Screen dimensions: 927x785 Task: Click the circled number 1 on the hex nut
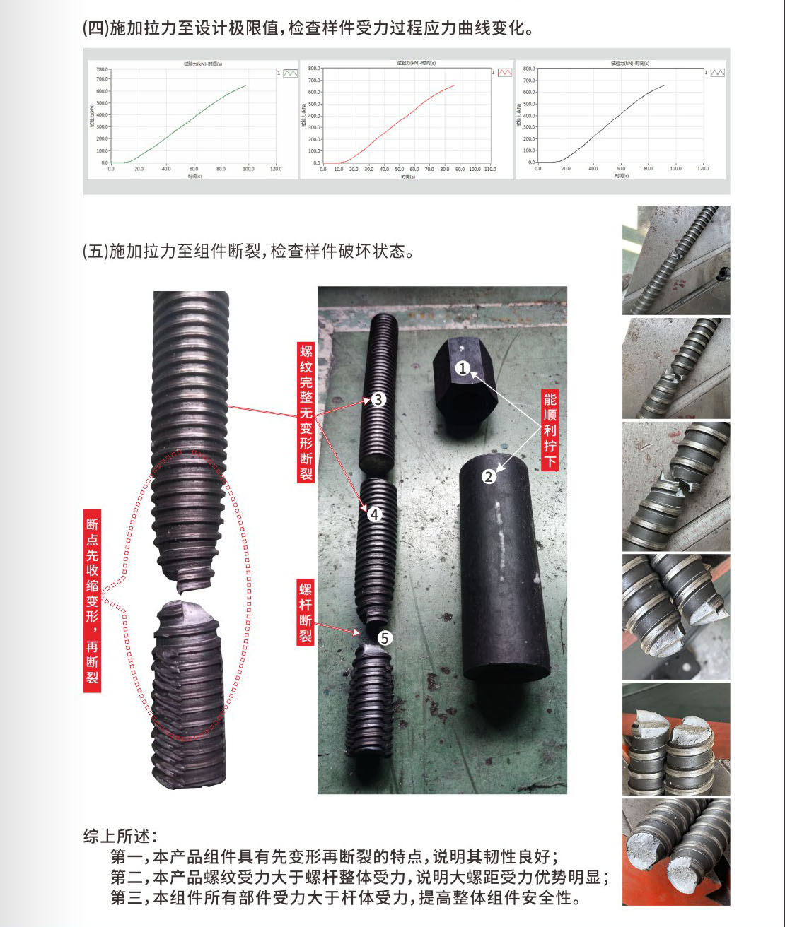[463, 368]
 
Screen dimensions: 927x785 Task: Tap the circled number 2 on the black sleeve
[489, 476]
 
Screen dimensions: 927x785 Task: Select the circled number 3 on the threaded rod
[378, 399]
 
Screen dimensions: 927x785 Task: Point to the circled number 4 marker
[375, 514]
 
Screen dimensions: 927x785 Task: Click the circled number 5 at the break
[384, 638]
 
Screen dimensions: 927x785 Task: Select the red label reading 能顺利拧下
[549, 431]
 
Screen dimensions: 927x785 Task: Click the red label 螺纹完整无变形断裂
[306, 413]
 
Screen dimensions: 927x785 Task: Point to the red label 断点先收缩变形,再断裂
[93, 601]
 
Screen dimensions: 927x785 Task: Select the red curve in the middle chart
[403, 117]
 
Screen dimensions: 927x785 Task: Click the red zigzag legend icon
[504, 73]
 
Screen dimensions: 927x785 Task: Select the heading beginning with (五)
[248, 251]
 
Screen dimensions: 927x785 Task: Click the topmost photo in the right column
[675, 260]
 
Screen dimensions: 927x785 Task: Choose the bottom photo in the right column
[675, 852]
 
